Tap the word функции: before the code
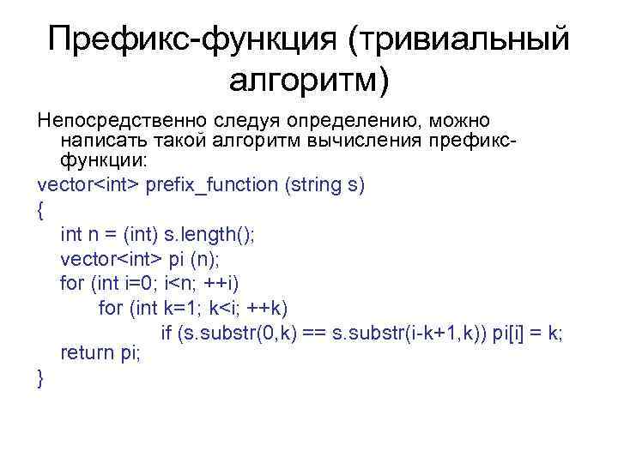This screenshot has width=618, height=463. coord(103,161)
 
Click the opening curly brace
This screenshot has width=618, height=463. coord(42,208)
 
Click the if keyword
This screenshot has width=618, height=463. coord(167,332)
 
